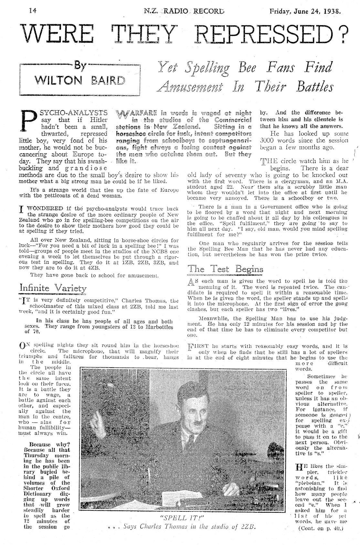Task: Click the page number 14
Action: pos(32,10)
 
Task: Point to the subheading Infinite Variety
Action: pos(53,288)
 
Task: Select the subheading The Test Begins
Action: pos(225,269)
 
